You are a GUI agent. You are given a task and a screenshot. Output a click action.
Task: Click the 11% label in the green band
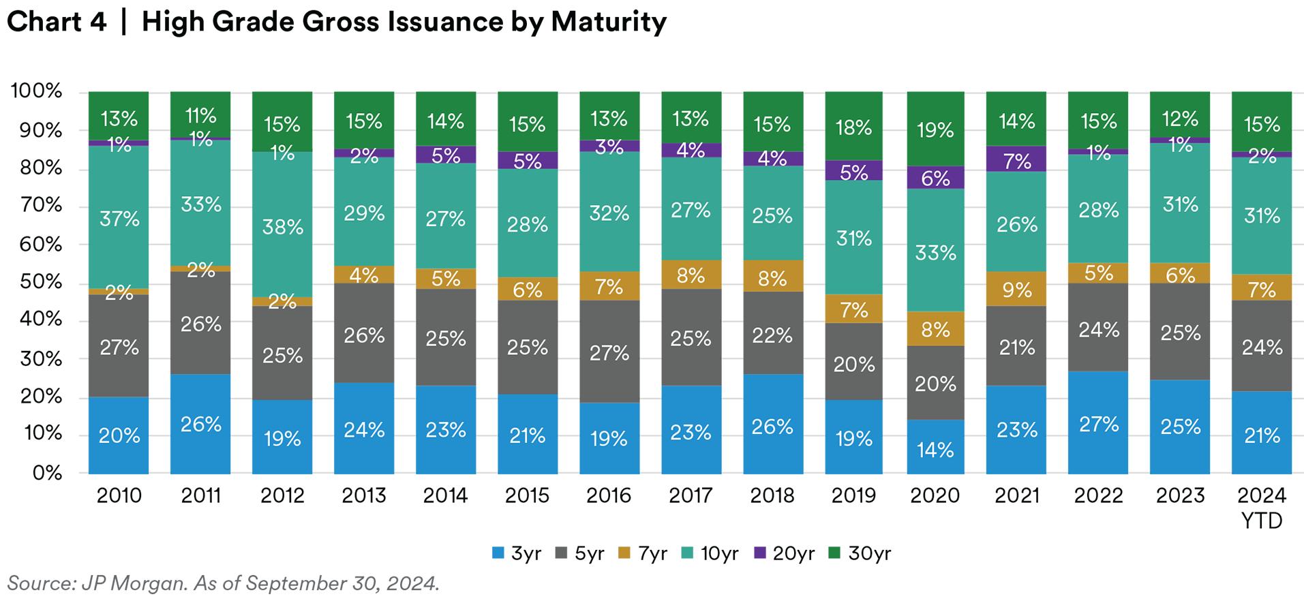201,115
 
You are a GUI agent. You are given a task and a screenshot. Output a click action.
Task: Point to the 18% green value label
853,127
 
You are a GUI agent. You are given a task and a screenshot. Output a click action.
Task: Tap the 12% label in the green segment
1180,119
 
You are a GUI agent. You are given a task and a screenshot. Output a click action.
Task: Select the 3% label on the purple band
609,147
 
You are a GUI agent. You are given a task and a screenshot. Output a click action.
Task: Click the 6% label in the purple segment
935,179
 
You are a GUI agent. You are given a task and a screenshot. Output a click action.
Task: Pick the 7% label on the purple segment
1017,161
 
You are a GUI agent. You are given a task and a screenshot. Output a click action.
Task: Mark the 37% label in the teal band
119,219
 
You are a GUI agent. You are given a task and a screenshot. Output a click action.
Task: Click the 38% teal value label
283,227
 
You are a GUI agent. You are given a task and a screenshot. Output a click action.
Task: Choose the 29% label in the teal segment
364,213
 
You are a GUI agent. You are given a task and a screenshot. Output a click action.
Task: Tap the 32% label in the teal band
609,213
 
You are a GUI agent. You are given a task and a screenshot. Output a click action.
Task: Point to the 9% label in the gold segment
1017,290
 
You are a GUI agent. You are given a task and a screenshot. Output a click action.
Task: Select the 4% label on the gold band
364,275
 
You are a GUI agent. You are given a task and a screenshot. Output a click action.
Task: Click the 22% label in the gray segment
772,335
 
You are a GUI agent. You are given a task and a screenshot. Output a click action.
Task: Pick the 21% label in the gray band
1017,348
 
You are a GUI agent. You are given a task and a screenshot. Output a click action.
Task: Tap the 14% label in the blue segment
935,450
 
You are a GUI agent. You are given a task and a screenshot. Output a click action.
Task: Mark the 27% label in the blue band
1099,425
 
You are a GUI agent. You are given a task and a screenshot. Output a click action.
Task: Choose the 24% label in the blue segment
364,430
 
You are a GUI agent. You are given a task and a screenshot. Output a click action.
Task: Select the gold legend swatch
622,559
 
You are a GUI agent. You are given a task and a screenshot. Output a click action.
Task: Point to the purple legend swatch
757,559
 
